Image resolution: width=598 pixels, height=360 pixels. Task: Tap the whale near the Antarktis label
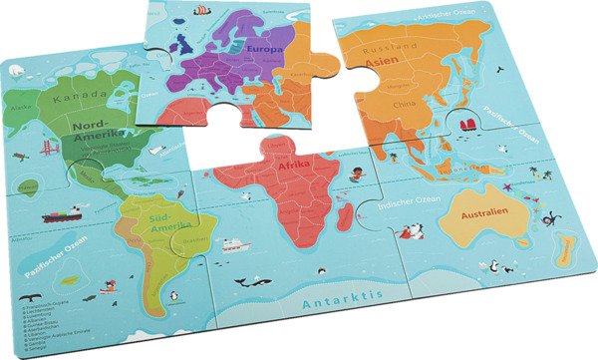click(242, 283)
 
